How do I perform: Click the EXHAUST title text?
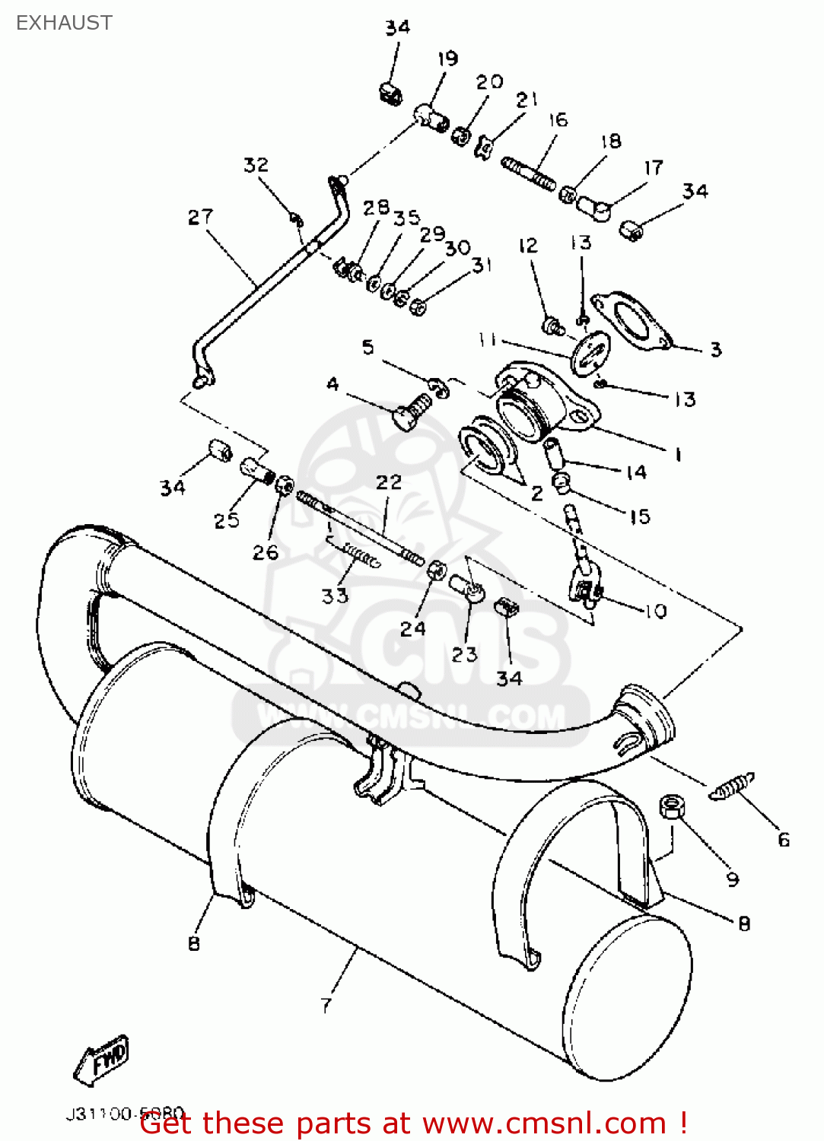pyautogui.click(x=64, y=23)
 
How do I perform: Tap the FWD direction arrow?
pyautogui.click(x=102, y=1060)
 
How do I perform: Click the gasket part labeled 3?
pyautogui.click(x=631, y=320)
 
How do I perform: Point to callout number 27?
pyautogui.click(x=200, y=218)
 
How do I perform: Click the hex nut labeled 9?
pyautogui.click(x=670, y=806)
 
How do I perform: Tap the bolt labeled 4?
pyautogui.click(x=410, y=411)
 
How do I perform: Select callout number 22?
pyautogui.click(x=388, y=482)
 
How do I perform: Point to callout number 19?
pyautogui.click(x=447, y=59)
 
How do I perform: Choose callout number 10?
pyautogui.click(x=655, y=611)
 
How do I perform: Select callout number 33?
pyautogui.click(x=334, y=596)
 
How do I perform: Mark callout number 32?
pyautogui.click(x=256, y=165)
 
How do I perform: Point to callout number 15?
pyautogui.click(x=640, y=516)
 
